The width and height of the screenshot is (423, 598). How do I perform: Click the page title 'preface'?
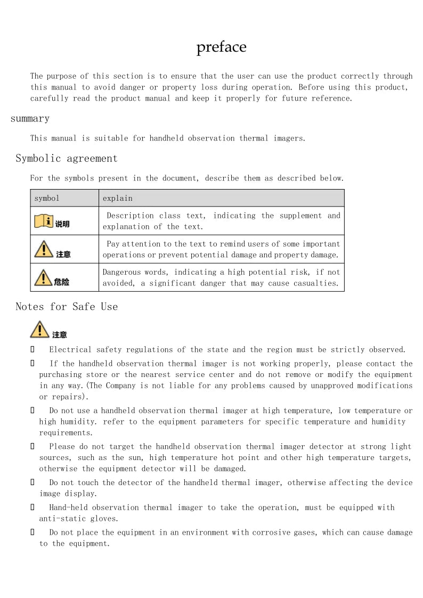pyautogui.click(x=221, y=47)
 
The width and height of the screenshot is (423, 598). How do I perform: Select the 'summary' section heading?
pyautogui.click(x=30, y=118)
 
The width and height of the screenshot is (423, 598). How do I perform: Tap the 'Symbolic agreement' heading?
pyautogui.click(x=67, y=158)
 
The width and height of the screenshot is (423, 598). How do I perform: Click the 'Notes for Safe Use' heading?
pyautogui.click(x=67, y=306)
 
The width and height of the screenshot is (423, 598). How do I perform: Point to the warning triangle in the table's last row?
pyautogui.click(x=43, y=277)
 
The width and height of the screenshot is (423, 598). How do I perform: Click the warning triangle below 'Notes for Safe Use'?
pyautogui.click(x=39, y=330)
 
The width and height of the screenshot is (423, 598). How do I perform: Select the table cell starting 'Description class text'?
pyautogui.click(x=221, y=221)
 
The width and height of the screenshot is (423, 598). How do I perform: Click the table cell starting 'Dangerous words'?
pyautogui.click(x=221, y=277)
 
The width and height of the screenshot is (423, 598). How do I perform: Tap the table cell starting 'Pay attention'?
pyautogui.click(x=221, y=249)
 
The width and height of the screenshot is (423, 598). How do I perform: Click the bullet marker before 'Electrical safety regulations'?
pyautogui.click(x=32, y=350)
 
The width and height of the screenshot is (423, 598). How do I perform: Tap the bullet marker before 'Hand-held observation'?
pyautogui.click(x=32, y=507)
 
